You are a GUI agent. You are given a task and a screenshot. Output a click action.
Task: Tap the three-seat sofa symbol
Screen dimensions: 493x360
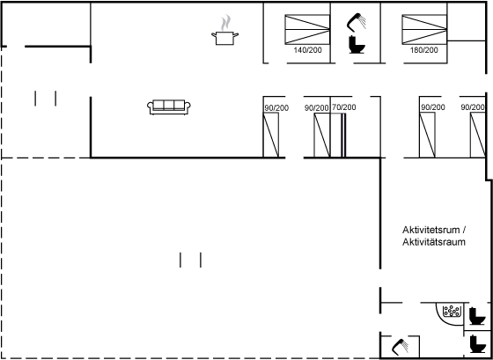point(169,107)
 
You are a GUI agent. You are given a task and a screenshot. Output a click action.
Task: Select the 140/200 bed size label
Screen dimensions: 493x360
point(308,50)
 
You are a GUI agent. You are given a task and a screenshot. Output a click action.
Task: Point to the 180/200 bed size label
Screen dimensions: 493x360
point(423,50)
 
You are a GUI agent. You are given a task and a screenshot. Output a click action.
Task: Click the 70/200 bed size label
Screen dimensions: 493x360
point(344,107)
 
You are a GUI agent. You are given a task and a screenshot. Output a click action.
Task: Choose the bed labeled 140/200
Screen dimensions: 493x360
point(307,29)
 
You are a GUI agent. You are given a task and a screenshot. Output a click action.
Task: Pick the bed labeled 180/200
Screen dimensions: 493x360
point(424,29)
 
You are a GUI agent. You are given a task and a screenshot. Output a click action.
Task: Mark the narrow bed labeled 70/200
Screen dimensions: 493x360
point(338,135)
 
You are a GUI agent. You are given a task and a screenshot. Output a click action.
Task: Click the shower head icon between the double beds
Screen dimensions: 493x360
point(357,22)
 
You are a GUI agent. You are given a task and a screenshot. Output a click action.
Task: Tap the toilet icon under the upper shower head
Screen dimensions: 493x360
point(357,45)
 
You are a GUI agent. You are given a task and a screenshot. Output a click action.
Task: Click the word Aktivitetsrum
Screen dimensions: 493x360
point(430,230)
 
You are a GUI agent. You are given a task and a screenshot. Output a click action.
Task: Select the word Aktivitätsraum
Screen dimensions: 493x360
point(434,242)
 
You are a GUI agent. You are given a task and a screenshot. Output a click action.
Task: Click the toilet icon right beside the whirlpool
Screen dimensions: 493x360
point(477,316)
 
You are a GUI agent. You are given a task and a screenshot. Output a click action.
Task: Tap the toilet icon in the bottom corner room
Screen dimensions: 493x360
point(477,343)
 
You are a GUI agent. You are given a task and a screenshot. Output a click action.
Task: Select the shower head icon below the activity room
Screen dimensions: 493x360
point(401,347)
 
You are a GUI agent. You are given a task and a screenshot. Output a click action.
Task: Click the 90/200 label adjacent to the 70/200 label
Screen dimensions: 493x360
point(316,108)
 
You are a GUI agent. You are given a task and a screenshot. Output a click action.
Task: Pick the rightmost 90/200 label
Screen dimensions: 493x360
point(473,107)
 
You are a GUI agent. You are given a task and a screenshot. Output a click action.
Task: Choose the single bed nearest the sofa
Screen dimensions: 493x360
point(271,135)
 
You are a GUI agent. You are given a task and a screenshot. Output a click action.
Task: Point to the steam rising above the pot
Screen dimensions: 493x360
point(225,23)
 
